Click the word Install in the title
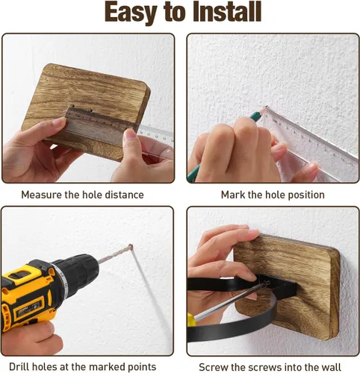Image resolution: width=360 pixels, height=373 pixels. (227, 12)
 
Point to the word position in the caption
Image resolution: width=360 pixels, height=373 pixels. (306, 195)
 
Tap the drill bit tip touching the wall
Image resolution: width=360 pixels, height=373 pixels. (130, 246)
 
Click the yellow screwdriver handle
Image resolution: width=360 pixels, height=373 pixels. (190, 320)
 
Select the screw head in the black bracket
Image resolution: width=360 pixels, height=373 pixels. (267, 283)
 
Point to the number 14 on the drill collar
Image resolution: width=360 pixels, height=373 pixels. (61, 275)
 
